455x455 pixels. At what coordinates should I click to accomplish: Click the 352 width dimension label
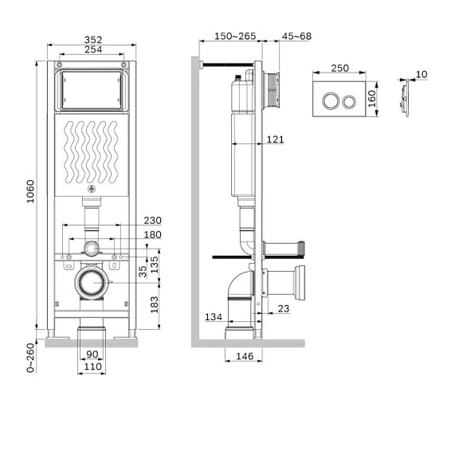(93, 40)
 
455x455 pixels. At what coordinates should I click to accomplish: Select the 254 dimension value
(93, 49)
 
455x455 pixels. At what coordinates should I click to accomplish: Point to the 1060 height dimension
(30, 191)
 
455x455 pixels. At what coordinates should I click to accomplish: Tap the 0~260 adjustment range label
(30, 358)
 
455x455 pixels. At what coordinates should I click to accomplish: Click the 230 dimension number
(153, 221)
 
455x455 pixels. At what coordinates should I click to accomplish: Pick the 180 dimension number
(153, 234)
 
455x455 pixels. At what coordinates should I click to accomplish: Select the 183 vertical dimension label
(155, 304)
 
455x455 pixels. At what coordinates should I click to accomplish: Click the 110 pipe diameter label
(93, 367)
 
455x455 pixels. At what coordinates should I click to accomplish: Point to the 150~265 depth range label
(235, 37)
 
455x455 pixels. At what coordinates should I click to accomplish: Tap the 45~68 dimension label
(296, 37)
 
